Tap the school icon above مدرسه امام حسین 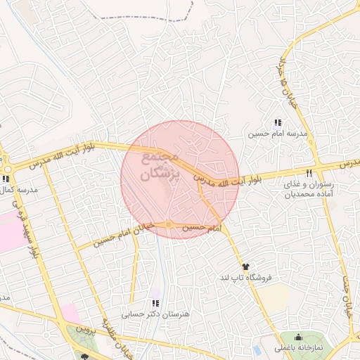278,122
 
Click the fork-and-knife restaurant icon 309,173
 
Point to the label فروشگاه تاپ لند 245,278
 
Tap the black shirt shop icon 245,266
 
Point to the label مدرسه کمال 18,191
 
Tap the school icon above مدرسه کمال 6,179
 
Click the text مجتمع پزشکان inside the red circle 161,166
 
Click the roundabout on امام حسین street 169,225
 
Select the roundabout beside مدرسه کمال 8,169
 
